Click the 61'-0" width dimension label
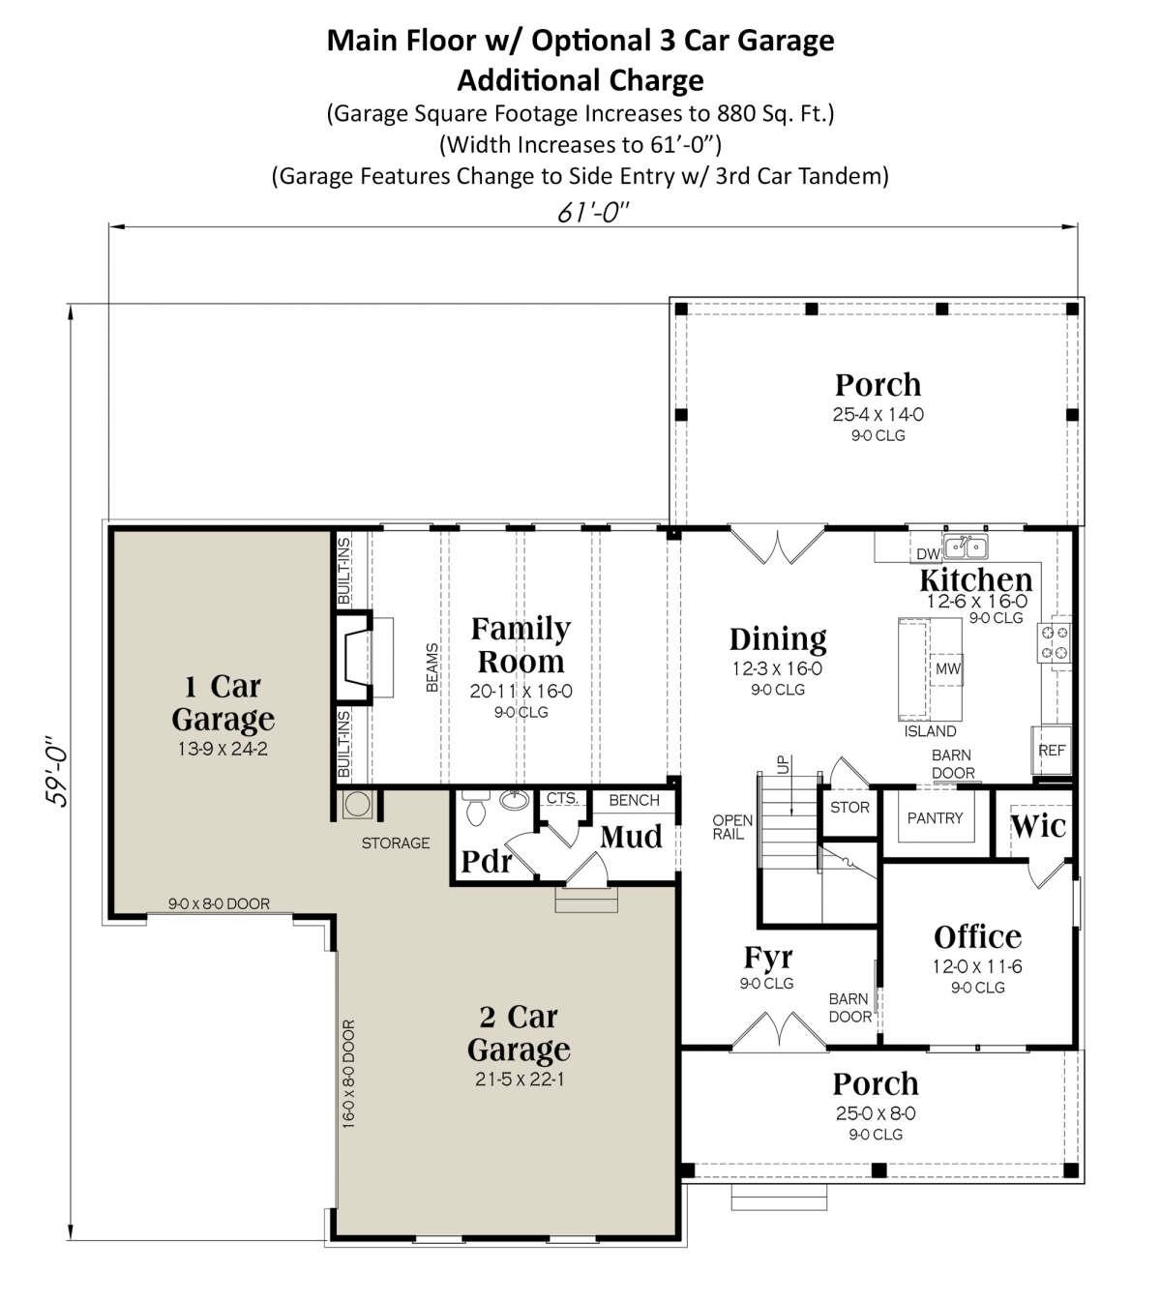(593, 212)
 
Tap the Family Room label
(520, 645)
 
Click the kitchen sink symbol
(966, 547)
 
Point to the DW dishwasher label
(928, 554)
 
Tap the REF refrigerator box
(1052, 751)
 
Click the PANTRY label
(935, 818)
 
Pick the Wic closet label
(1038, 826)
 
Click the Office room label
(977, 936)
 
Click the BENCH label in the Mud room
(634, 800)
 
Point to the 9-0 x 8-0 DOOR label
(219, 903)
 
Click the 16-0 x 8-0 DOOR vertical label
(349, 1073)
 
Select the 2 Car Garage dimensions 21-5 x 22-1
(520, 1079)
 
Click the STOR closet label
(849, 807)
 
